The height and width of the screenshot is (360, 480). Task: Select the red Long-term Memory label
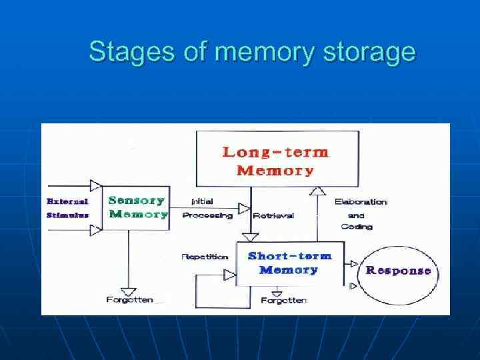pos(275,161)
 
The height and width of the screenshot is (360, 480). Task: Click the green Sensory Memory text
pos(138,207)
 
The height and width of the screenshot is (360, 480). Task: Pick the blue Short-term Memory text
pos(289,263)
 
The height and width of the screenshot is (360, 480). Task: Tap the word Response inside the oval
pos(398,271)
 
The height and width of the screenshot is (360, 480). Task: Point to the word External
pos(67,201)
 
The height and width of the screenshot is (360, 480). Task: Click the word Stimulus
pos(67,215)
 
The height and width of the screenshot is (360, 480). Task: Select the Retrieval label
pos(273,215)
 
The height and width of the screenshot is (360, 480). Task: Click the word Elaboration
pos(361,201)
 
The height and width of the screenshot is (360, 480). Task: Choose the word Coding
pos(357,227)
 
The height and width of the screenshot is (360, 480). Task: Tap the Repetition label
pos(205,257)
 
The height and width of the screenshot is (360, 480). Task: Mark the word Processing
pos(207,215)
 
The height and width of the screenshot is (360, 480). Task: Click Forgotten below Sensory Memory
pos(129,300)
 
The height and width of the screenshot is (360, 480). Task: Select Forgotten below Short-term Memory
pos(284,301)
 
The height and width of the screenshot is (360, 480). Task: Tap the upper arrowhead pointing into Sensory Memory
pos(96,185)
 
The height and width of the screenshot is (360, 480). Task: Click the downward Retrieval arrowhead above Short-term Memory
pos(250,236)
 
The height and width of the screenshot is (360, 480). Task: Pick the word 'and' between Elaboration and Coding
pos(357,215)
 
